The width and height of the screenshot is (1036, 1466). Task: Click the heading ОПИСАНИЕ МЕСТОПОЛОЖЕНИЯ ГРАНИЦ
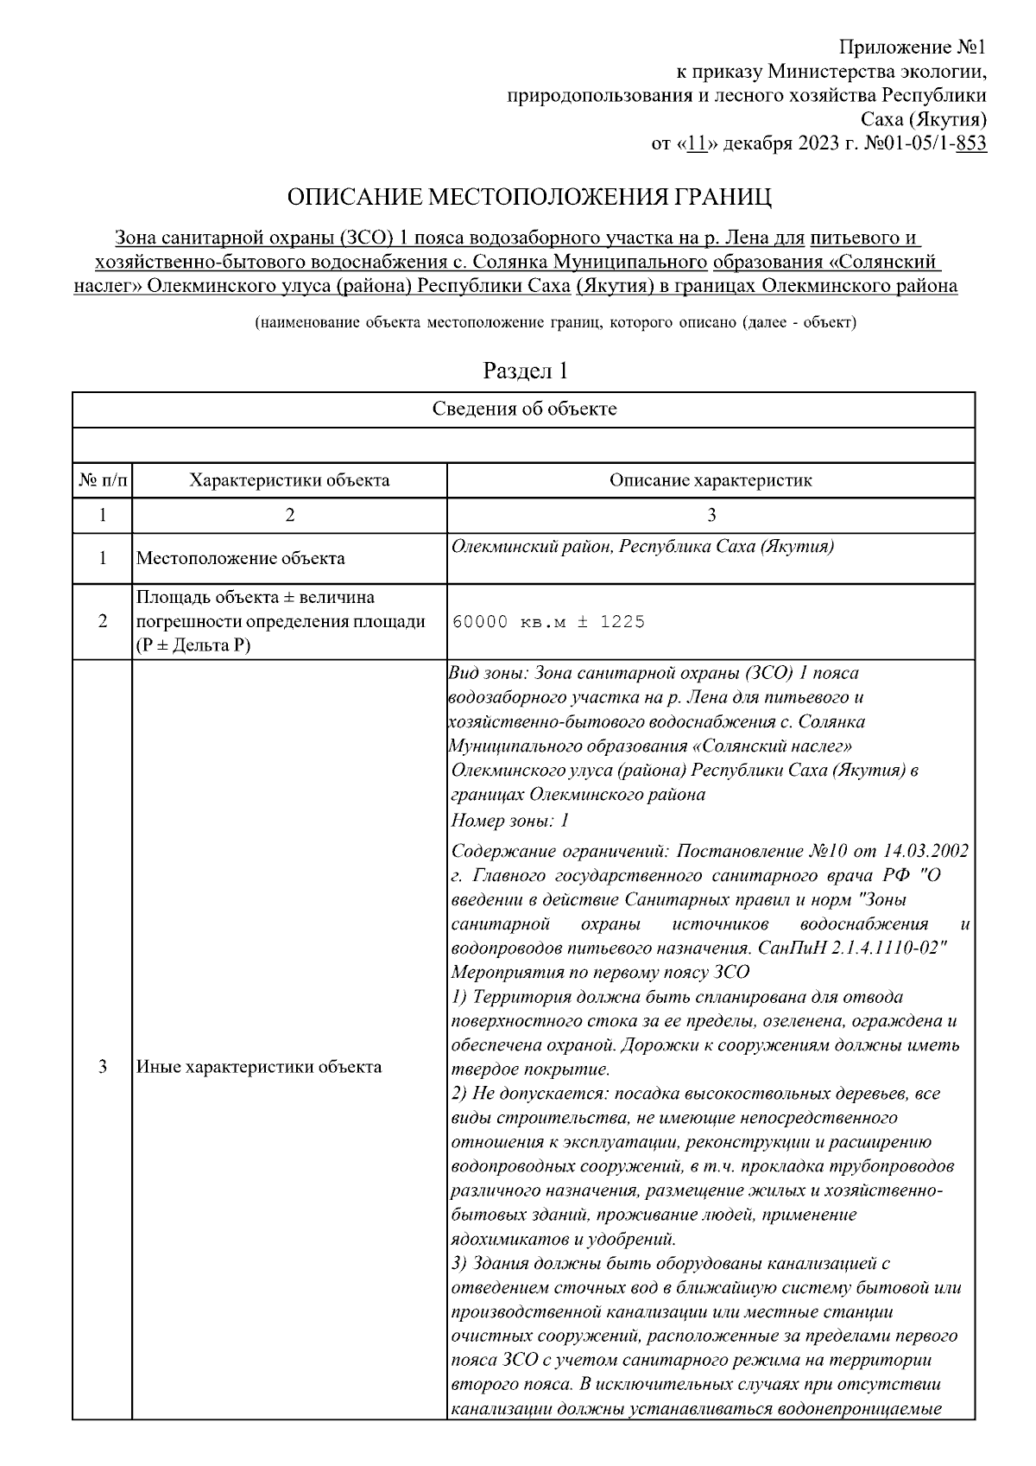528,198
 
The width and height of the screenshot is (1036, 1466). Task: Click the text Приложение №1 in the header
913,46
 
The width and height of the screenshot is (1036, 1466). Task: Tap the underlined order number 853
971,143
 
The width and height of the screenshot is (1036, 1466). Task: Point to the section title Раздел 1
525,371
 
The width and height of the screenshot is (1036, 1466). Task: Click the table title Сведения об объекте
524,409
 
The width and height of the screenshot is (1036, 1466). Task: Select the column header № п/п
102,480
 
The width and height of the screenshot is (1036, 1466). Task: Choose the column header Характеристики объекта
289,480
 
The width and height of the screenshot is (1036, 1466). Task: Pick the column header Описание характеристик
710,480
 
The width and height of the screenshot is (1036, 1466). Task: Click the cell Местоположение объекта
241,558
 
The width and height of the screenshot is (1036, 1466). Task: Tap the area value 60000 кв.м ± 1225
548,622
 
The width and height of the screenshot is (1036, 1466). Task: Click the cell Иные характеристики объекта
259,1067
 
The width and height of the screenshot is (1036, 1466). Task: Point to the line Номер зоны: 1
509,820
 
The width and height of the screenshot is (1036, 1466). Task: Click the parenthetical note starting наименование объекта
554,323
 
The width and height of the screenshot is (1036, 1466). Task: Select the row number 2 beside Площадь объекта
102,622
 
